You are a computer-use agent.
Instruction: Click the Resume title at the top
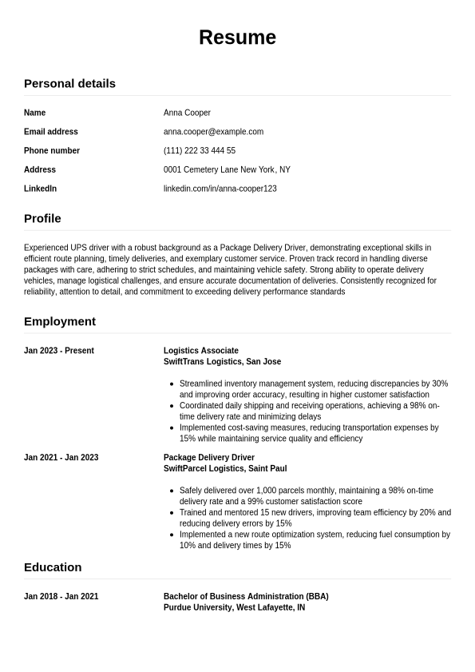237,38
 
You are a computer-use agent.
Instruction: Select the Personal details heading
69,83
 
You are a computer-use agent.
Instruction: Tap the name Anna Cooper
187,113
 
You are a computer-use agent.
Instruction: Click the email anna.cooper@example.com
213,132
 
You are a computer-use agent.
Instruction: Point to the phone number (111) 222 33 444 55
200,150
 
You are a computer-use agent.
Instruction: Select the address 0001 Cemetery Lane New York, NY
227,169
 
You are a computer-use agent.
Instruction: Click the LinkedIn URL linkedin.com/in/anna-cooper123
220,189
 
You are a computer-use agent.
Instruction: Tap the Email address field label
51,132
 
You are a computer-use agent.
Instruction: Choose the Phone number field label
52,150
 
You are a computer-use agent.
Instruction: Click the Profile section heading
42,218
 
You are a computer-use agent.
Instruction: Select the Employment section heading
60,321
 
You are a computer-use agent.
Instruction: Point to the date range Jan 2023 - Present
59,351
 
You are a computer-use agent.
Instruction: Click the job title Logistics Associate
201,351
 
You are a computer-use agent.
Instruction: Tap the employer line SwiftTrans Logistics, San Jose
222,361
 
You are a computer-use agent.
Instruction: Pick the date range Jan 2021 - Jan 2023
61,458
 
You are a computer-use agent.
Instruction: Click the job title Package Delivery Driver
209,458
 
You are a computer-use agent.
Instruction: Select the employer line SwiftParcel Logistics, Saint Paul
225,468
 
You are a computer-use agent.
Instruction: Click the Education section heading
53,567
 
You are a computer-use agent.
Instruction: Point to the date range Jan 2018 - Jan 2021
61,597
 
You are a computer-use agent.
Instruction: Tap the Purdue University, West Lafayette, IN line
234,607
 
